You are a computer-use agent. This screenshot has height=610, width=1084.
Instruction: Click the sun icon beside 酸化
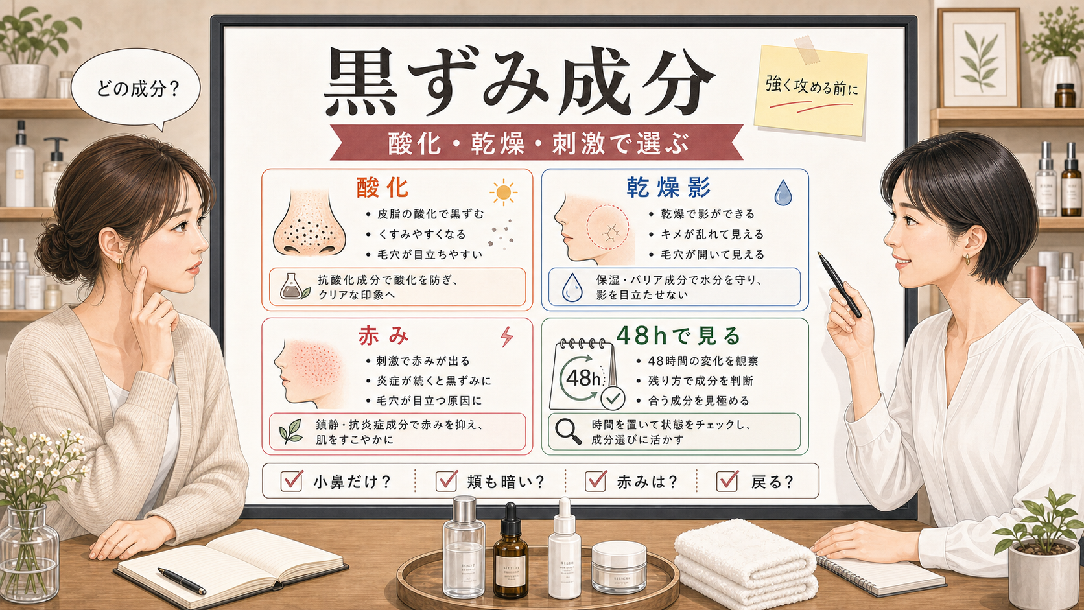click(503, 193)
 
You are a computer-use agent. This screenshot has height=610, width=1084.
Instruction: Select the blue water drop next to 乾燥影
click(783, 193)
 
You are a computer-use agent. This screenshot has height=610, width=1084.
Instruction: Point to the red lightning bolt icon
click(507, 336)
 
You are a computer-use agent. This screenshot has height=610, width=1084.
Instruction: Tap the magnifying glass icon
click(568, 432)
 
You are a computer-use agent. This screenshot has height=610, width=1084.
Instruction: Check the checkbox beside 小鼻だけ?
click(292, 481)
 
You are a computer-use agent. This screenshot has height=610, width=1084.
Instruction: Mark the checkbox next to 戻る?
click(727, 481)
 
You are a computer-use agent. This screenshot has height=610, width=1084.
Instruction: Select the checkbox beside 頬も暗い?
click(446, 481)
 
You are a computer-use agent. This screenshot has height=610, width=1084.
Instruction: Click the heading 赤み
click(383, 336)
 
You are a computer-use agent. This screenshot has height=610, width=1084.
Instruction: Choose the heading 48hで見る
click(679, 335)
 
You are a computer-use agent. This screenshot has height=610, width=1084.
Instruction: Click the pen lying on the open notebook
click(182, 581)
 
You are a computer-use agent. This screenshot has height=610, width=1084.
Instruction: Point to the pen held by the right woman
click(840, 285)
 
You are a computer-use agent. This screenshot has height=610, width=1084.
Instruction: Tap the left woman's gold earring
click(119, 264)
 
